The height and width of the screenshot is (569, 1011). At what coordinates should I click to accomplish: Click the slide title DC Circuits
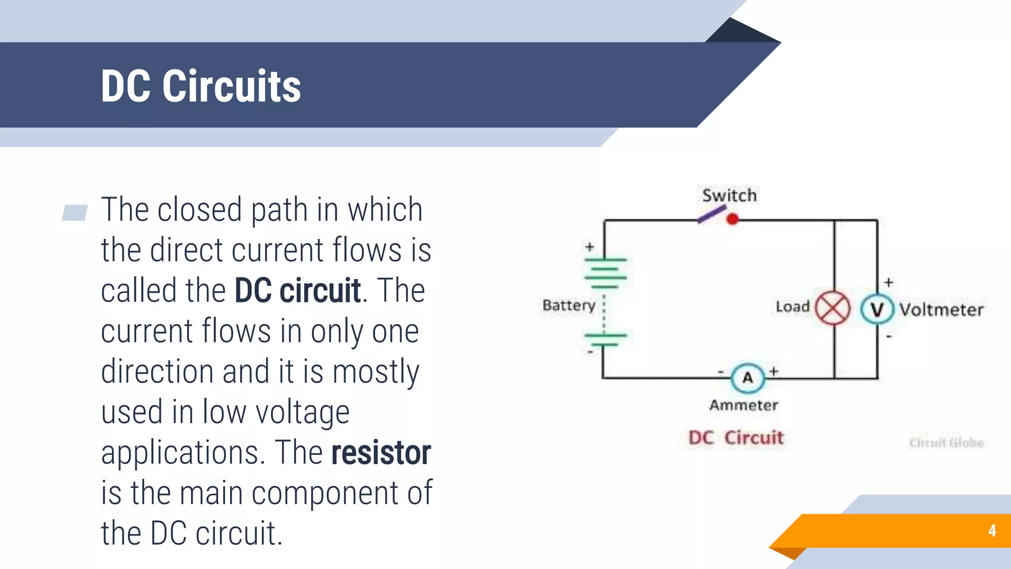(x=200, y=86)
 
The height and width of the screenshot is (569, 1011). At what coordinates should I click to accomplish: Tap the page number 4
(x=992, y=530)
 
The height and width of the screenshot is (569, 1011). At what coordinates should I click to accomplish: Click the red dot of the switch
(x=733, y=219)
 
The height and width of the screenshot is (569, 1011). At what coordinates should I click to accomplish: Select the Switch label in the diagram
(x=729, y=196)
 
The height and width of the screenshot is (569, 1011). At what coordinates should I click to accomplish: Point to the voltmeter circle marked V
(x=877, y=309)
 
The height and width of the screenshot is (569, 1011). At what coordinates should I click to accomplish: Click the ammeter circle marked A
(x=748, y=378)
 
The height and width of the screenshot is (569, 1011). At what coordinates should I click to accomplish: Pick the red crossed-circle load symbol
(x=833, y=308)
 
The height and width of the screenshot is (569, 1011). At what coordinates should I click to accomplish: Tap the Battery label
(x=569, y=305)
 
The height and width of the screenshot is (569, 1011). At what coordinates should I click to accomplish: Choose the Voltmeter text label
(x=941, y=310)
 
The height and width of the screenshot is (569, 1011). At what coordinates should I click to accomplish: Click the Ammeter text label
(x=743, y=406)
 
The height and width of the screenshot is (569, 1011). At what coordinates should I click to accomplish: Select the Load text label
(x=792, y=307)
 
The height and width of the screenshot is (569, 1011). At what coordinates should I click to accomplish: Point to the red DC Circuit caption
(x=736, y=438)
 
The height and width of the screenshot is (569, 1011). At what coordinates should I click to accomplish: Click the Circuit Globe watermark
(x=946, y=443)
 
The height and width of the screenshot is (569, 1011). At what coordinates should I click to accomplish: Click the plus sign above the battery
(x=590, y=246)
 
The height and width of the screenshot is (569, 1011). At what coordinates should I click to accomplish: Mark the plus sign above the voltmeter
(x=889, y=283)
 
